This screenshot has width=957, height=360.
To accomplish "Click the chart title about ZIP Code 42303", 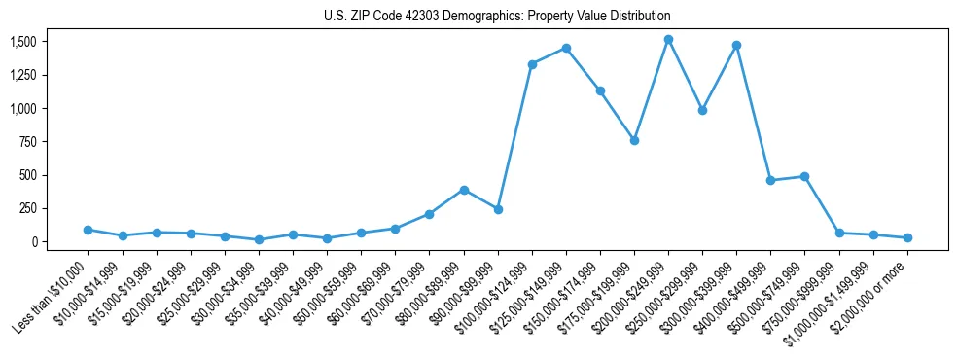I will (497, 17).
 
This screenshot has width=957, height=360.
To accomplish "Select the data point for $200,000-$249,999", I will (668, 40).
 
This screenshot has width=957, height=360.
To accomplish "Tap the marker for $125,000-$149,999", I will (566, 48).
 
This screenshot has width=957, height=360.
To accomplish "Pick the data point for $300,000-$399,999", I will (736, 45).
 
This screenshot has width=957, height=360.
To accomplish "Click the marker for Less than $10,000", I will (88, 230).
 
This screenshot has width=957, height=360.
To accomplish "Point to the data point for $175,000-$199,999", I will (634, 140).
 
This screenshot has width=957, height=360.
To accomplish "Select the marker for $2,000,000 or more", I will (907, 237).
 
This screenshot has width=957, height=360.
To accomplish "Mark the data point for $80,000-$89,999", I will (464, 190).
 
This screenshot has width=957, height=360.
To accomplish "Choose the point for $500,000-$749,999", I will (804, 176).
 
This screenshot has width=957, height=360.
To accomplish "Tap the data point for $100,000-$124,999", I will (532, 64).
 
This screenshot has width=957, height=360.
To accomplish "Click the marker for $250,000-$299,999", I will (702, 110).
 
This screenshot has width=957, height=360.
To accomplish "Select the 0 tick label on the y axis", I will (33, 242).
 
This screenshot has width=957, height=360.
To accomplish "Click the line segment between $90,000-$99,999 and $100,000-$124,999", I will (515, 136).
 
